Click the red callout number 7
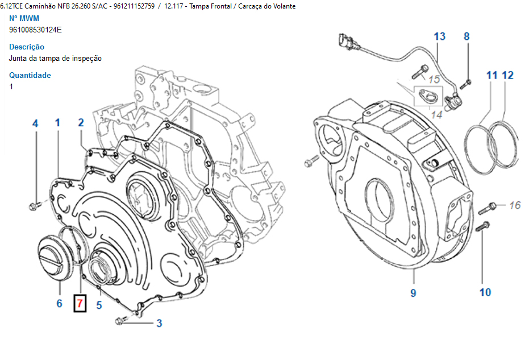[80, 303]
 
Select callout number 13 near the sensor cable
[440, 36]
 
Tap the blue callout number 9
[413, 292]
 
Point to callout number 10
[485, 292]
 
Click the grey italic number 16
[515, 205]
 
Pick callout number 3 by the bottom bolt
[159, 323]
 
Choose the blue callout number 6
[59, 303]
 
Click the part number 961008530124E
[35, 30]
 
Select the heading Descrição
[27, 47]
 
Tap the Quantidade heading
[30, 75]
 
